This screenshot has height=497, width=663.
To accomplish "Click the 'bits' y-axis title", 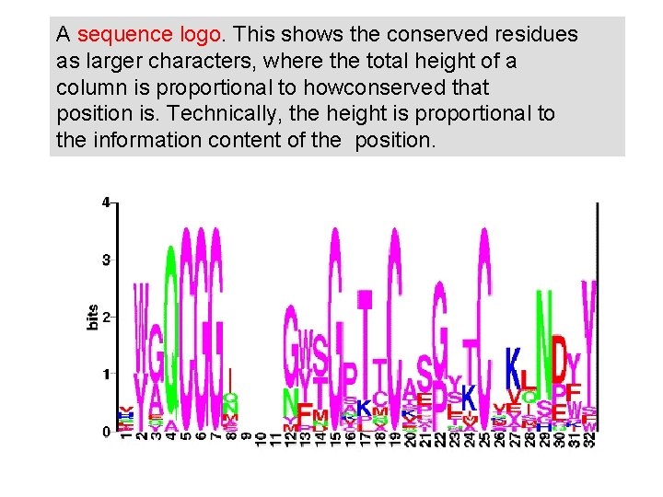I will [x=92, y=318].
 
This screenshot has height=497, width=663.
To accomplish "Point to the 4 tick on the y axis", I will [x=107, y=202].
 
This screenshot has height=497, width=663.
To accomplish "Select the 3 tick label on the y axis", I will [x=107, y=260].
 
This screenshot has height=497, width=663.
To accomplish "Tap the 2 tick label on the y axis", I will [x=107, y=318].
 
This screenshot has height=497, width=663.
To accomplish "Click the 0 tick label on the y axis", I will [x=107, y=431].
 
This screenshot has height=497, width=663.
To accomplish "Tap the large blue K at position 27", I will [x=514, y=373].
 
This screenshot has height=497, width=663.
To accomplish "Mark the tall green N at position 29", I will [x=544, y=341].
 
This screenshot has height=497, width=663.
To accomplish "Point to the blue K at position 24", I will [x=469, y=398].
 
